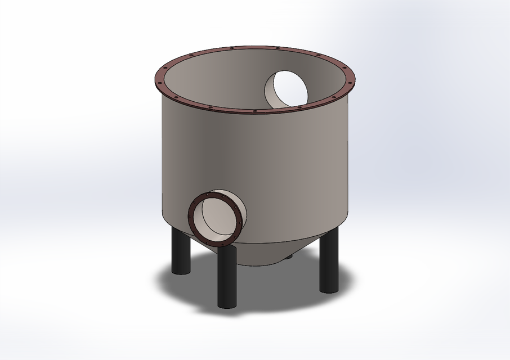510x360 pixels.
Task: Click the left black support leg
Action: pyautogui.click(x=181, y=253)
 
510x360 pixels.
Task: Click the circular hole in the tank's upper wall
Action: pyautogui.click(x=286, y=89)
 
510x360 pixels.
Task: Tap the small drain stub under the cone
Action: pyautogui.click(x=289, y=257)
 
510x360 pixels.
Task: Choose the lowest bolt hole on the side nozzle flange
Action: pyautogui.click(x=216, y=244)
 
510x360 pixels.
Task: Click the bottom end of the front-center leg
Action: pyautogui.click(x=226, y=304)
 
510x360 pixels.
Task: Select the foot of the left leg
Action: pyautogui.click(x=181, y=271)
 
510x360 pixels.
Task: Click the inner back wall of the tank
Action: pyautogui.click(x=225, y=79)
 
